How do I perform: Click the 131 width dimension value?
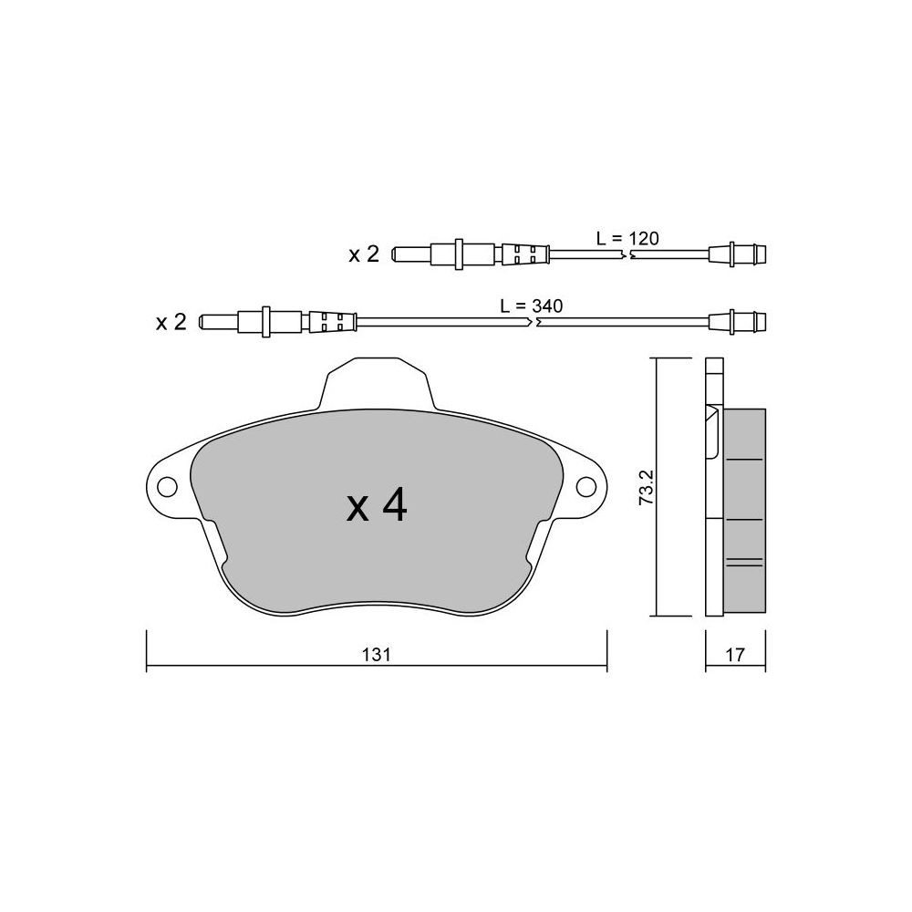[x=376, y=655]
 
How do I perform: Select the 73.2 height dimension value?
[x=647, y=487]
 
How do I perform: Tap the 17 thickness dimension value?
[x=734, y=655]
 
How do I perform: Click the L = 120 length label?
[x=627, y=238]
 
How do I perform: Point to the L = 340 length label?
[x=532, y=306]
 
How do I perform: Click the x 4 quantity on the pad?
[x=377, y=505]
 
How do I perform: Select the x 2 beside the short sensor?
[x=364, y=254]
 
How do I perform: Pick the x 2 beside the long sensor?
[x=171, y=322]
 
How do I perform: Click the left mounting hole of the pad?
[x=168, y=486]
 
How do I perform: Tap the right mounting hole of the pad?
[x=586, y=486]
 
